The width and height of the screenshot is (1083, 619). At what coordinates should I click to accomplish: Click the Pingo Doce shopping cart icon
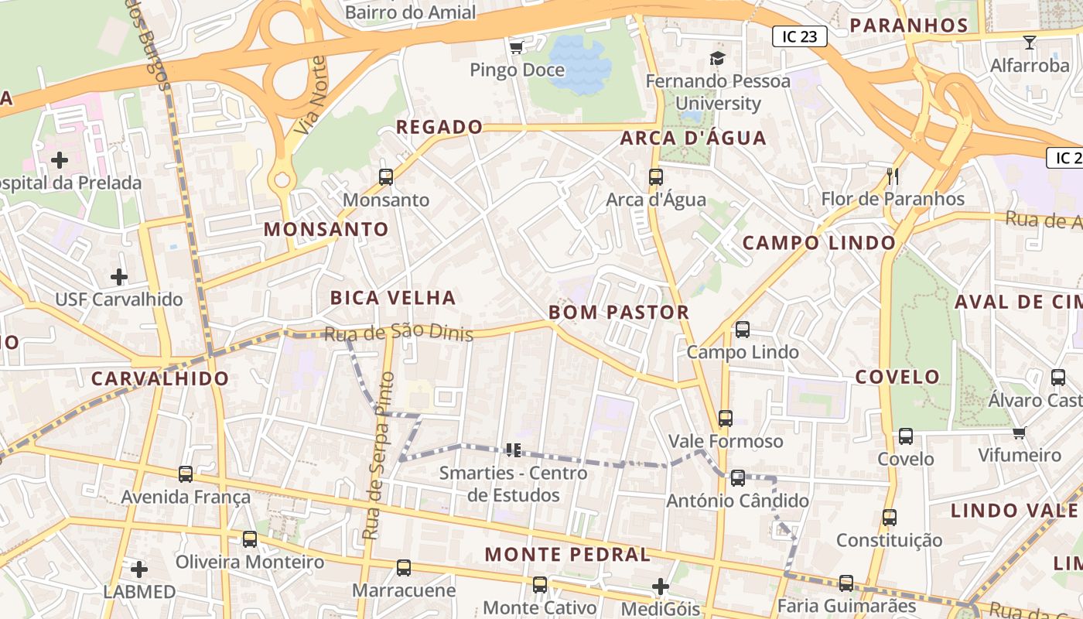coord(517,47)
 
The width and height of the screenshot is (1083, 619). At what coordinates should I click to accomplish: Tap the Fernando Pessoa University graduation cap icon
coord(718,59)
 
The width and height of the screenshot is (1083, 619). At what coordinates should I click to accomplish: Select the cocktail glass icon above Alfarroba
coord(1030,42)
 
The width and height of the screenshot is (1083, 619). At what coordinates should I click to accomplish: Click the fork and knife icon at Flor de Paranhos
coord(892,176)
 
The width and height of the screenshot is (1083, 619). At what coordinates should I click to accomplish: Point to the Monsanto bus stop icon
coord(386,177)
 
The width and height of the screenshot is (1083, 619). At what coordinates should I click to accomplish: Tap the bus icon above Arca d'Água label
coord(656,177)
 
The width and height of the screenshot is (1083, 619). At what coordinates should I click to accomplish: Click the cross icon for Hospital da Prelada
coord(60,160)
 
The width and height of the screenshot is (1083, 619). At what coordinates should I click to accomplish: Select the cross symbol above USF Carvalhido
coord(119,276)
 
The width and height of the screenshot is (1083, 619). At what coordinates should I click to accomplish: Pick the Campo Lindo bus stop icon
coord(743,330)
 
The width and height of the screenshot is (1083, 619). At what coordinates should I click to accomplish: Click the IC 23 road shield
coord(800,36)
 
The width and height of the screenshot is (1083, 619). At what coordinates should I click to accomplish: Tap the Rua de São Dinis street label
coord(398,333)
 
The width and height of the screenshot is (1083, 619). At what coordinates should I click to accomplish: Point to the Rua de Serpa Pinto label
coord(378,457)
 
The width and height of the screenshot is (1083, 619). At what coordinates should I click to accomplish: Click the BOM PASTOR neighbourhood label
coord(619,313)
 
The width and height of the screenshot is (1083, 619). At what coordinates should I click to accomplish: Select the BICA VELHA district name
coord(393,298)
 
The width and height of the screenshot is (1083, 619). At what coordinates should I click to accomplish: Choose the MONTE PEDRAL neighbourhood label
coord(568,555)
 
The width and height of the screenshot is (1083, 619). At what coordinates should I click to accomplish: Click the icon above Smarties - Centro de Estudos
coord(514,450)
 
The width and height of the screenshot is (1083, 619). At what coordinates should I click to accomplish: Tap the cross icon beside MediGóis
coord(661,587)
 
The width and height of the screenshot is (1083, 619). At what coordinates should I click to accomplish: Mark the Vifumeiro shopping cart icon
coord(1020,433)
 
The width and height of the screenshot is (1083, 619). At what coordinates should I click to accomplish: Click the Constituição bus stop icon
coord(890,518)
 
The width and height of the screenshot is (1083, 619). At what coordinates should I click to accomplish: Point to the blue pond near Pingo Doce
coord(580,62)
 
